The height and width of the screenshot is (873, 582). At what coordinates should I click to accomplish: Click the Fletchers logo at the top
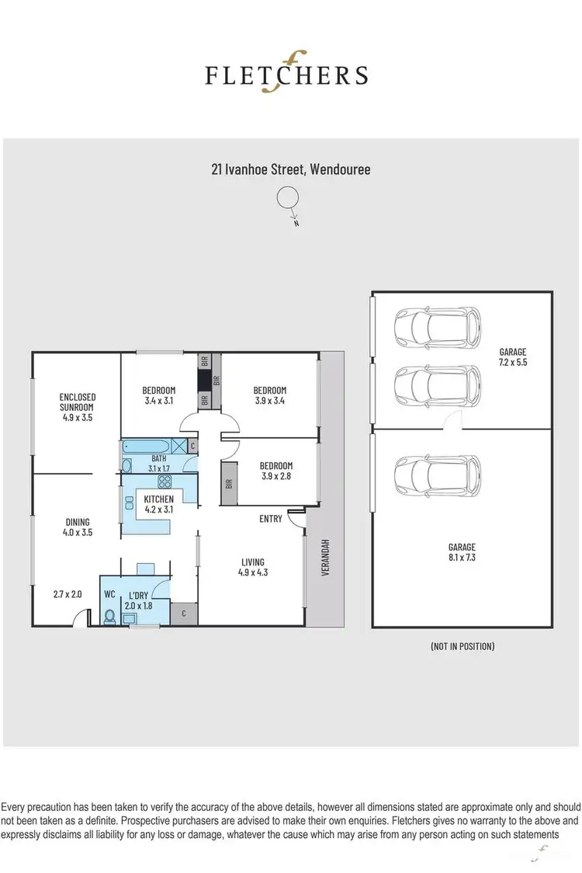click(286, 74)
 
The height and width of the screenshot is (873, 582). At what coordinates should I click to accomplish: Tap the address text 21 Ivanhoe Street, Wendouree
click(290, 169)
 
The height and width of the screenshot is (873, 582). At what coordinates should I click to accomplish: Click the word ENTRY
click(271, 519)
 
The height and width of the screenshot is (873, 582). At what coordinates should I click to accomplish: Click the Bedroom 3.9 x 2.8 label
click(270, 471)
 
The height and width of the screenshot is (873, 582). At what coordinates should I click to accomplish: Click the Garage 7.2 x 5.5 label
click(512, 357)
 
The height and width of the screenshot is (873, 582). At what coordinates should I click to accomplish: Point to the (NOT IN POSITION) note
click(462, 645)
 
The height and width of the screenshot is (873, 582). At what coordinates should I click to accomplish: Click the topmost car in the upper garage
click(437, 327)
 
